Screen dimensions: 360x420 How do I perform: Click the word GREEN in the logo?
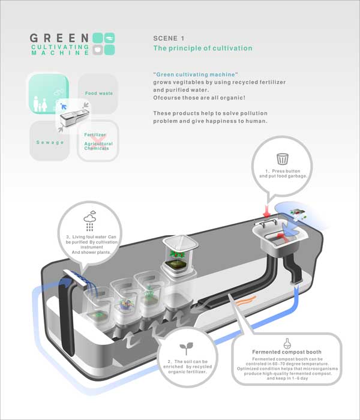pyautogui.click(x=59, y=38)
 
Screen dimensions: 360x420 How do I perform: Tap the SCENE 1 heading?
pyautogui.click(x=169, y=38)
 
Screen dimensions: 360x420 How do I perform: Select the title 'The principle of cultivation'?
pyautogui.click(x=203, y=48)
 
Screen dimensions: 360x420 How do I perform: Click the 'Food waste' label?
pyautogui.click(x=99, y=93)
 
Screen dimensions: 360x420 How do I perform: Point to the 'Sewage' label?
pyautogui.click(x=50, y=142)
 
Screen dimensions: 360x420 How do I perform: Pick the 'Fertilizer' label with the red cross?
pyautogui.click(x=95, y=135)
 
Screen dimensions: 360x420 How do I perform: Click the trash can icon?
pyautogui.click(x=283, y=158)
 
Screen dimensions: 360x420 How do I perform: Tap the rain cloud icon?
pyautogui.click(x=90, y=221)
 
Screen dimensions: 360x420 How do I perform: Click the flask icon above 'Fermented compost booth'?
pyautogui.click(x=287, y=343)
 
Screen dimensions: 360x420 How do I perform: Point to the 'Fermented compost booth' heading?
pyautogui.click(x=287, y=352)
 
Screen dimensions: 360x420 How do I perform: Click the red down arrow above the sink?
pyautogui.click(x=266, y=211)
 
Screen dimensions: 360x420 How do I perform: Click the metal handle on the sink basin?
pyautogui.click(x=265, y=223)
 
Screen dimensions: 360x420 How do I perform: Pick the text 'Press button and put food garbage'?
pyautogui.click(x=283, y=173)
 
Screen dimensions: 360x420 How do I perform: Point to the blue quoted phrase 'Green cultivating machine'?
pyautogui.click(x=196, y=74)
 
